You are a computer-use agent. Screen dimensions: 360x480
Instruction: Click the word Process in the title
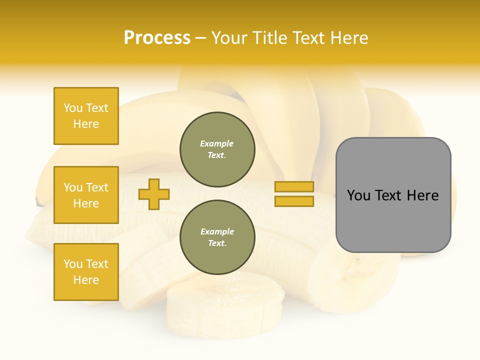157,38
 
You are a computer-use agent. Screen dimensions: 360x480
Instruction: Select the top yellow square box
86,116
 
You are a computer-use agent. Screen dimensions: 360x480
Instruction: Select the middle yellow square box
86,195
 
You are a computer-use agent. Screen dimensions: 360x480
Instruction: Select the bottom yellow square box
86,271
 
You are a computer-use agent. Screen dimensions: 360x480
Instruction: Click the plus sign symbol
154,193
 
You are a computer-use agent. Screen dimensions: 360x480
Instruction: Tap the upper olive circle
217,149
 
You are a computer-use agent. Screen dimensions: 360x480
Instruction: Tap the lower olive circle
217,237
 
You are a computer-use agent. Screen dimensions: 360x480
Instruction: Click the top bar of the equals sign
294,186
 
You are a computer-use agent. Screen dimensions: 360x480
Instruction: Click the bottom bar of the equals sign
294,201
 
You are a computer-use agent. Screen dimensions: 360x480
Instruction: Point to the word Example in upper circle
216,143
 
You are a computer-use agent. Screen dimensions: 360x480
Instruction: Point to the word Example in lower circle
217,231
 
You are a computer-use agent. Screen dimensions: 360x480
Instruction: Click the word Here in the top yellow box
86,124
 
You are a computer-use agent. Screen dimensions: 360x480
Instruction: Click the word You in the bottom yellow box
72,264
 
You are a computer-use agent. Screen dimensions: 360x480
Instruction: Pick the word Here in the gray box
422,195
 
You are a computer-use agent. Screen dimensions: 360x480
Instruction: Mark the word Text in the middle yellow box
97,187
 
